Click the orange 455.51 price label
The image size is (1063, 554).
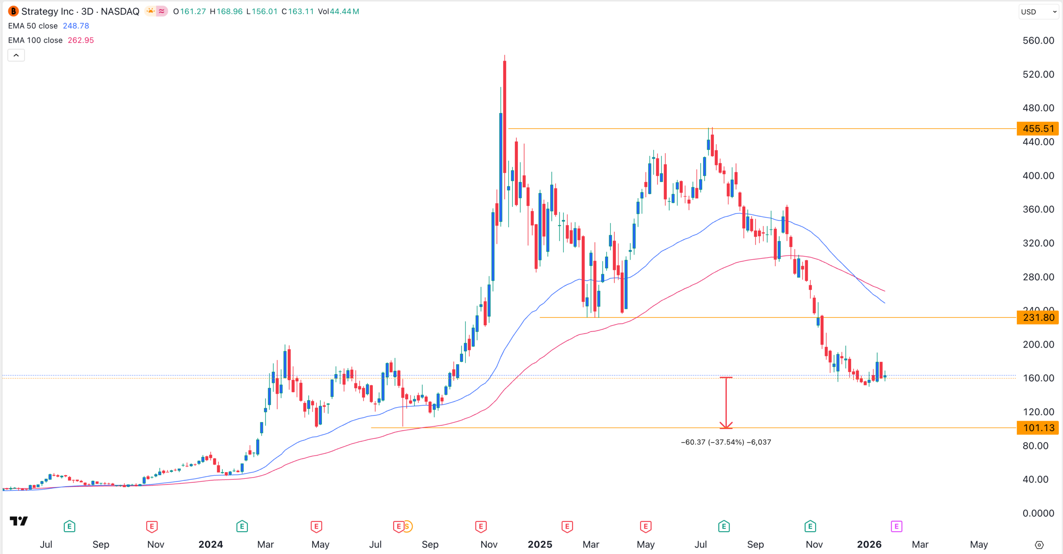pos(1037,129)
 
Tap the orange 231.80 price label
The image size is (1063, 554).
pos(1037,318)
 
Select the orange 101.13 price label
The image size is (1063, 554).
pos(1037,428)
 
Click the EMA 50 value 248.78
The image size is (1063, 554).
pos(76,26)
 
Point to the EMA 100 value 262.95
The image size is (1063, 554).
pos(81,40)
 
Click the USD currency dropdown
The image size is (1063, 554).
pos(1038,12)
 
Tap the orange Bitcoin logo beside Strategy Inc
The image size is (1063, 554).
pos(13,11)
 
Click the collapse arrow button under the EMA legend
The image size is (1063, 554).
pos(16,55)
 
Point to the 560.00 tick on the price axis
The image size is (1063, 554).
pos(1038,41)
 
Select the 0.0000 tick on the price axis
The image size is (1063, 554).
pos(1038,513)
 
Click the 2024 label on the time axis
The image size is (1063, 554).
pos(211,544)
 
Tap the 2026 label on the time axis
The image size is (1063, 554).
pos(869,544)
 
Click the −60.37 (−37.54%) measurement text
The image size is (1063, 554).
pos(726,442)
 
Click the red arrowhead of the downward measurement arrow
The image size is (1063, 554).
pos(726,426)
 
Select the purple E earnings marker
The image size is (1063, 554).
pos(896,527)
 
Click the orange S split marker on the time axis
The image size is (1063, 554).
pos(407,527)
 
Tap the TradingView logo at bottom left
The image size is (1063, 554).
pos(19,521)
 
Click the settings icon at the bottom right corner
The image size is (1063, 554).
pos(1039,545)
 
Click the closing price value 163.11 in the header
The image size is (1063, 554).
pos(301,12)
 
